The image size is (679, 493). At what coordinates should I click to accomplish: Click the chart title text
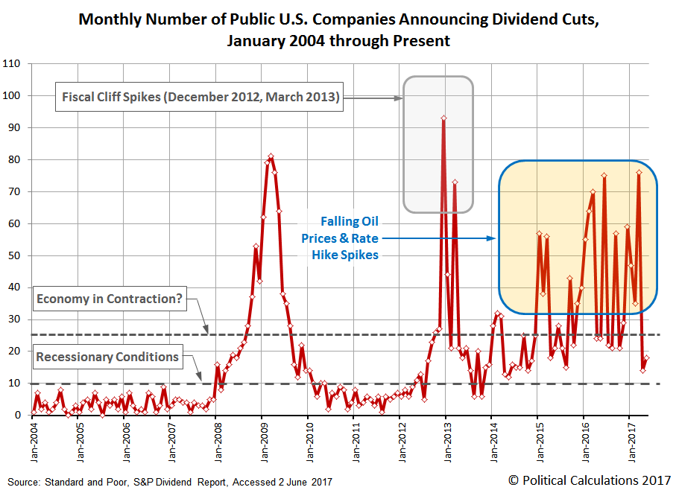pyautogui.click(x=339, y=30)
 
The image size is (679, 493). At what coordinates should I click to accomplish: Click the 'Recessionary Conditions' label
pyautogui.click(x=107, y=357)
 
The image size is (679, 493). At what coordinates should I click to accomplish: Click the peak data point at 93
pyautogui.click(x=443, y=118)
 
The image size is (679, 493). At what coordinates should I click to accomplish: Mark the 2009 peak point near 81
pyautogui.click(x=271, y=156)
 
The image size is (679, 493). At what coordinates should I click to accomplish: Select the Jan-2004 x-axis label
pyautogui.click(x=32, y=443)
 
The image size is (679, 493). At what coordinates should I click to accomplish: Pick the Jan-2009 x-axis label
pyautogui.click(x=262, y=443)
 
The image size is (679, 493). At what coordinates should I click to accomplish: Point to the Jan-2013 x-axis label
pyautogui.click(x=446, y=443)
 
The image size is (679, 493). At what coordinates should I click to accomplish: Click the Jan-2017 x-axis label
pyautogui.click(x=629, y=443)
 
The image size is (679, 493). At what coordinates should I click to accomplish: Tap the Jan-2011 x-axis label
pyautogui.click(x=353, y=443)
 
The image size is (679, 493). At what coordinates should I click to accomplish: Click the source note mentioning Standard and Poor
pyautogui.click(x=170, y=481)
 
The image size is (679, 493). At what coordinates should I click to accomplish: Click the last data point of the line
pyautogui.click(x=647, y=358)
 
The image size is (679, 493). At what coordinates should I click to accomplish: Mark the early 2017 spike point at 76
pyautogui.click(x=639, y=173)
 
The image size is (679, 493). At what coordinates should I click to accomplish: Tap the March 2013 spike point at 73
pyautogui.click(x=455, y=182)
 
